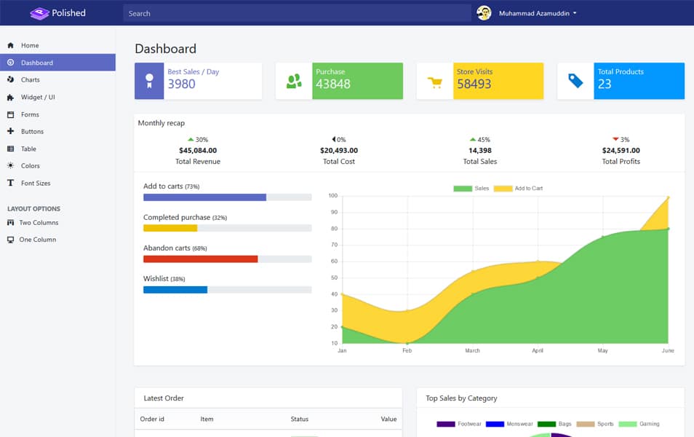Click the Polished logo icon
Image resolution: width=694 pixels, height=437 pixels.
click(x=39, y=13)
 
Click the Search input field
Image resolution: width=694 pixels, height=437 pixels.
click(x=297, y=13)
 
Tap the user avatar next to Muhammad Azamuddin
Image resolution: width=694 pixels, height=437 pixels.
click(x=484, y=13)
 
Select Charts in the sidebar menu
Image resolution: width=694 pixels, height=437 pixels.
click(x=30, y=80)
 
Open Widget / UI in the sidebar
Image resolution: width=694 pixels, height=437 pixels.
click(x=38, y=97)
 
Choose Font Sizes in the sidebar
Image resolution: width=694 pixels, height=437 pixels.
click(x=36, y=184)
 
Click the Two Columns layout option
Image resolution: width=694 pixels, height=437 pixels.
click(x=39, y=223)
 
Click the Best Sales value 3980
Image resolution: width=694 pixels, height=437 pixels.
click(x=181, y=84)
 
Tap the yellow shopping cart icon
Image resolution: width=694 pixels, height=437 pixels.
click(x=435, y=82)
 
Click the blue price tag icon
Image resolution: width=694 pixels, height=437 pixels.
click(x=575, y=81)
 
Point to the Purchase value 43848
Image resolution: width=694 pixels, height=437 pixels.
click(x=332, y=84)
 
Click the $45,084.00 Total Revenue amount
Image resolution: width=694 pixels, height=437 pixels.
click(x=197, y=151)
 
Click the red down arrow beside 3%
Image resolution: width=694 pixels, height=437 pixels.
click(x=615, y=139)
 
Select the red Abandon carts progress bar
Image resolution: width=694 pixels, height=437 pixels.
click(x=200, y=259)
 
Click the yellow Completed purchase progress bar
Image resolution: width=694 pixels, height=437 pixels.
click(x=169, y=228)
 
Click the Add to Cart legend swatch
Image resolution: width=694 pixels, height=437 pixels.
click(x=503, y=189)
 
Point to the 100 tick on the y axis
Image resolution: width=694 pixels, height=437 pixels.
click(x=332, y=196)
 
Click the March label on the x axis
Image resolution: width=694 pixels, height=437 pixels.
click(x=472, y=351)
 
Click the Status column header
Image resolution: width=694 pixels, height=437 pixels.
click(x=300, y=419)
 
